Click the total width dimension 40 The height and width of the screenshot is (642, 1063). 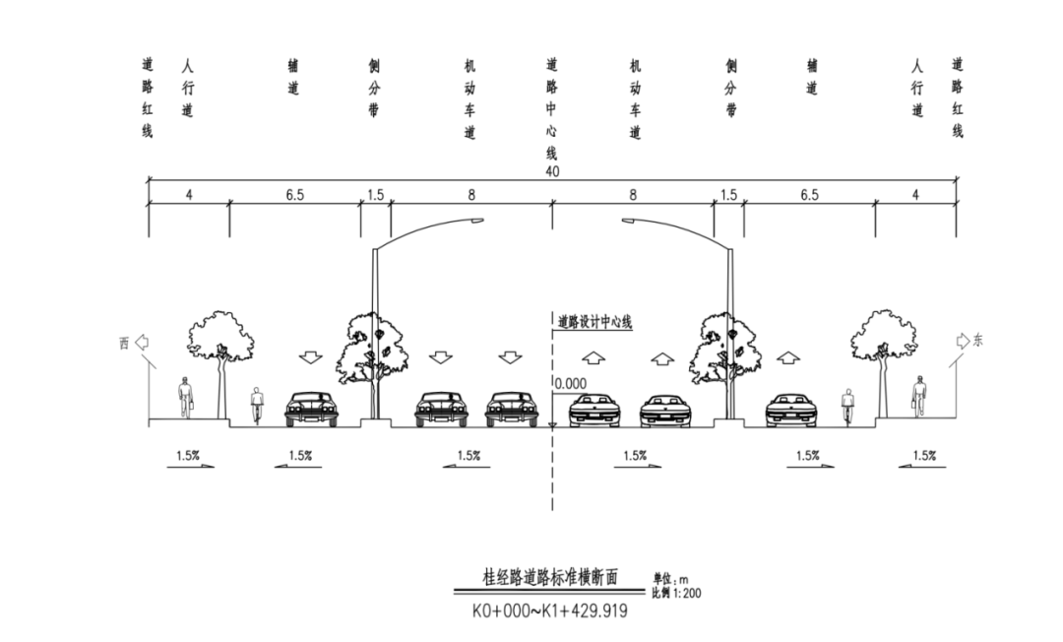click(x=551, y=173)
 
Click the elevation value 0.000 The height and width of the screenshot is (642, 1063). click(x=570, y=384)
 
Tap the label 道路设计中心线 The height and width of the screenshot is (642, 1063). click(x=594, y=322)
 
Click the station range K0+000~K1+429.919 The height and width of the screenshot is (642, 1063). click(x=549, y=610)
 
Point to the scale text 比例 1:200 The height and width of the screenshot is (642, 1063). click(x=676, y=593)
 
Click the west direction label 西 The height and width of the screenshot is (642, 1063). click(x=124, y=344)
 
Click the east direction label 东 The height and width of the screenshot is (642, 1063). click(x=977, y=342)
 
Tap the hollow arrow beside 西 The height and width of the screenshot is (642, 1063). click(x=141, y=343)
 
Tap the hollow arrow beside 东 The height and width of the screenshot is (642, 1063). click(x=962, y=342)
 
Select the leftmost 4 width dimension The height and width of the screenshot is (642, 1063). click(x=189, y=195)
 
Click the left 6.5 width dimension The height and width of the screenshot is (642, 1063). click(x=295, y=195)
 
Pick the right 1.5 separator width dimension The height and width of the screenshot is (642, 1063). click(x=727, y=195)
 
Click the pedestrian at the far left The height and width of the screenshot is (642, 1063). click(x=185, y=397)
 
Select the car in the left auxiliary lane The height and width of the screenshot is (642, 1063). click(x=311, y=408)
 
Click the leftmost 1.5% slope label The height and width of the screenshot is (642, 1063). click(x=187, y=455)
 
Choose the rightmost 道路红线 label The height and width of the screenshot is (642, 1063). click(x=957, y=97)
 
